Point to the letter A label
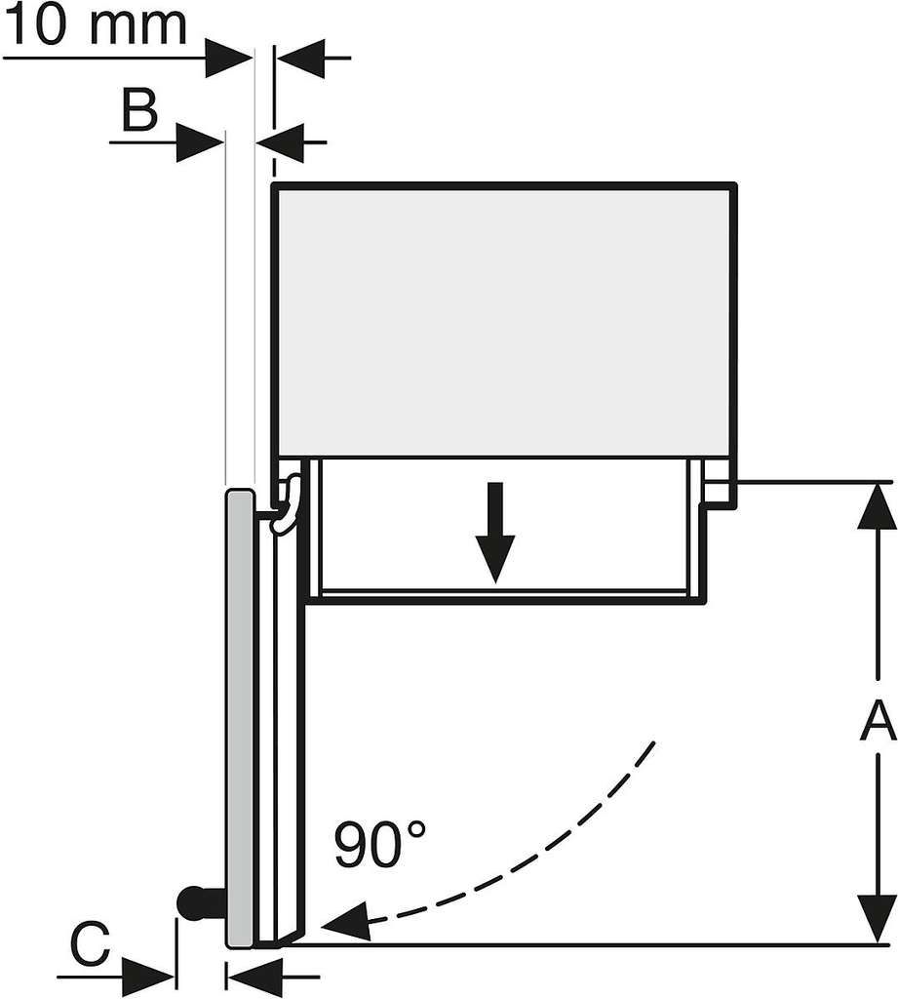click(x=878, y=720)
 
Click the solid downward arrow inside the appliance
click(x=495, y=532)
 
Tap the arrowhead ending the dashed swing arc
click(x=347, y=922)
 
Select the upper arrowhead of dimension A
click(x=878, y=505)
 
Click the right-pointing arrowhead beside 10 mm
click(x=229, y=58)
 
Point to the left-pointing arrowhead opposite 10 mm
click(x=300, y=58)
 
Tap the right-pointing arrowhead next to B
click(x=200, y=142)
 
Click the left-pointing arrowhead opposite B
click(x=280, y=142)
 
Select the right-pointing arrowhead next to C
click(x=148, y=976)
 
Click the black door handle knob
click(x=193, y=901)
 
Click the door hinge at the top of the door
click(x=287, y=503)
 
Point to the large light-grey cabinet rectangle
click(x=504, y=320)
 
